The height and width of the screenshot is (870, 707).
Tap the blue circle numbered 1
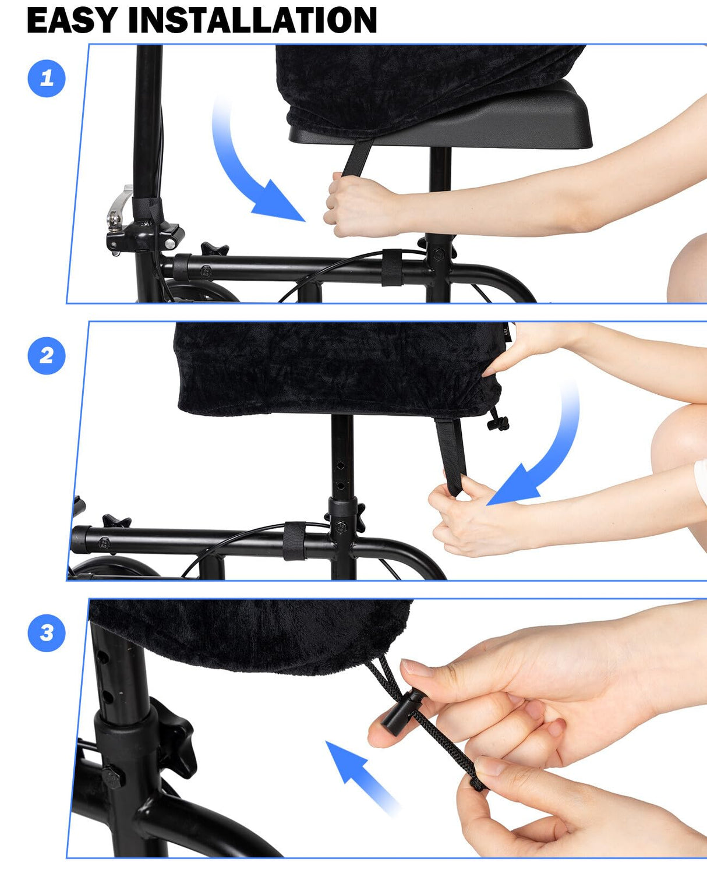(x=47, y=78)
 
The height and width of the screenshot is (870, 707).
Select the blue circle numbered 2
(x=47, y=355)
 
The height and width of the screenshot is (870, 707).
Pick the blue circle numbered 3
(x=47, y=632)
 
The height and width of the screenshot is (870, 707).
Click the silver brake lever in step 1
(x=119, y=207)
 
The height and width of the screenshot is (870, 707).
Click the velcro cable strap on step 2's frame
(x=295, y=540)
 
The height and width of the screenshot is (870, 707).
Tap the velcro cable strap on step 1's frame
(x=392, y=267)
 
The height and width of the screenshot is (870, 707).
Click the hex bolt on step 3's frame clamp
(x=113, y=778)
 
